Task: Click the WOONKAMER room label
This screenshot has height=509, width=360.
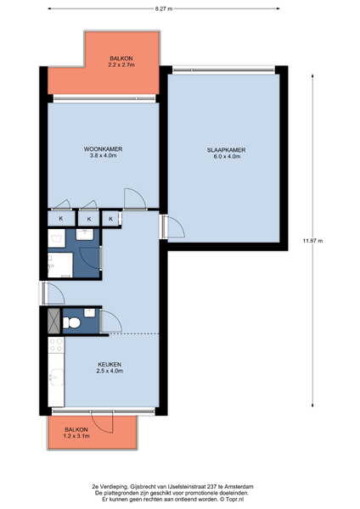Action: point(103,149)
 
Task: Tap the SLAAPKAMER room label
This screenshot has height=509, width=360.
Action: point(226,150)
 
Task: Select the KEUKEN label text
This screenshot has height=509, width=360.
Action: point(110,364)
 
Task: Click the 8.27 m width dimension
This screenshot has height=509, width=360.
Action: point(164,8)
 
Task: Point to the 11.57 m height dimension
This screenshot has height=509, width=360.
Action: point(312,241)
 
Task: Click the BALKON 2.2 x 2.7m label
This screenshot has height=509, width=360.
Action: point(121,61)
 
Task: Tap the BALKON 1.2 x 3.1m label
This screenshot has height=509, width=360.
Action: point(76,433)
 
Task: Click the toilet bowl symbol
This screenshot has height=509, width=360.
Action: point(72,322)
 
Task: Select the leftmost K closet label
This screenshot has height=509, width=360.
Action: point(61,219)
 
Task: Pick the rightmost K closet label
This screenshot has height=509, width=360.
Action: point(110,219)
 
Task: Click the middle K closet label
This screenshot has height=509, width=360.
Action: point(89,220)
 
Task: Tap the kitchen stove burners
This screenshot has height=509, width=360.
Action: point(56,345)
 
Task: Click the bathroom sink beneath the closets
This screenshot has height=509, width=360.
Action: point(85,234)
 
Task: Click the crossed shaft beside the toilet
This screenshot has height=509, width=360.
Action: point(54,321)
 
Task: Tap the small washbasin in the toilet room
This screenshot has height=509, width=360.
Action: point(90,313)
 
